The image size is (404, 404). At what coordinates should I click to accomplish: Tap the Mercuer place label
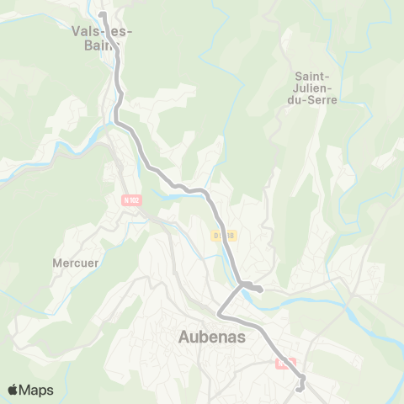(x=76, y=262)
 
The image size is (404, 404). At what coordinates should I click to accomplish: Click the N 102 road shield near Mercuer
(x=131, y=200)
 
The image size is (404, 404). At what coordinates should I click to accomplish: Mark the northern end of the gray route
(x=101, y=14)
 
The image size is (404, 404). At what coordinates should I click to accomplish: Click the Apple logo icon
(x=13, y=390)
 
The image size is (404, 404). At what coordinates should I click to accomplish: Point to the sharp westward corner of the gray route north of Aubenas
(x=219, y=315)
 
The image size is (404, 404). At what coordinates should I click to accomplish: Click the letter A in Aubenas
(x=184, y=337)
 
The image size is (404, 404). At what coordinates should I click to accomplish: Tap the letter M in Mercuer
(x=57, y=262)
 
